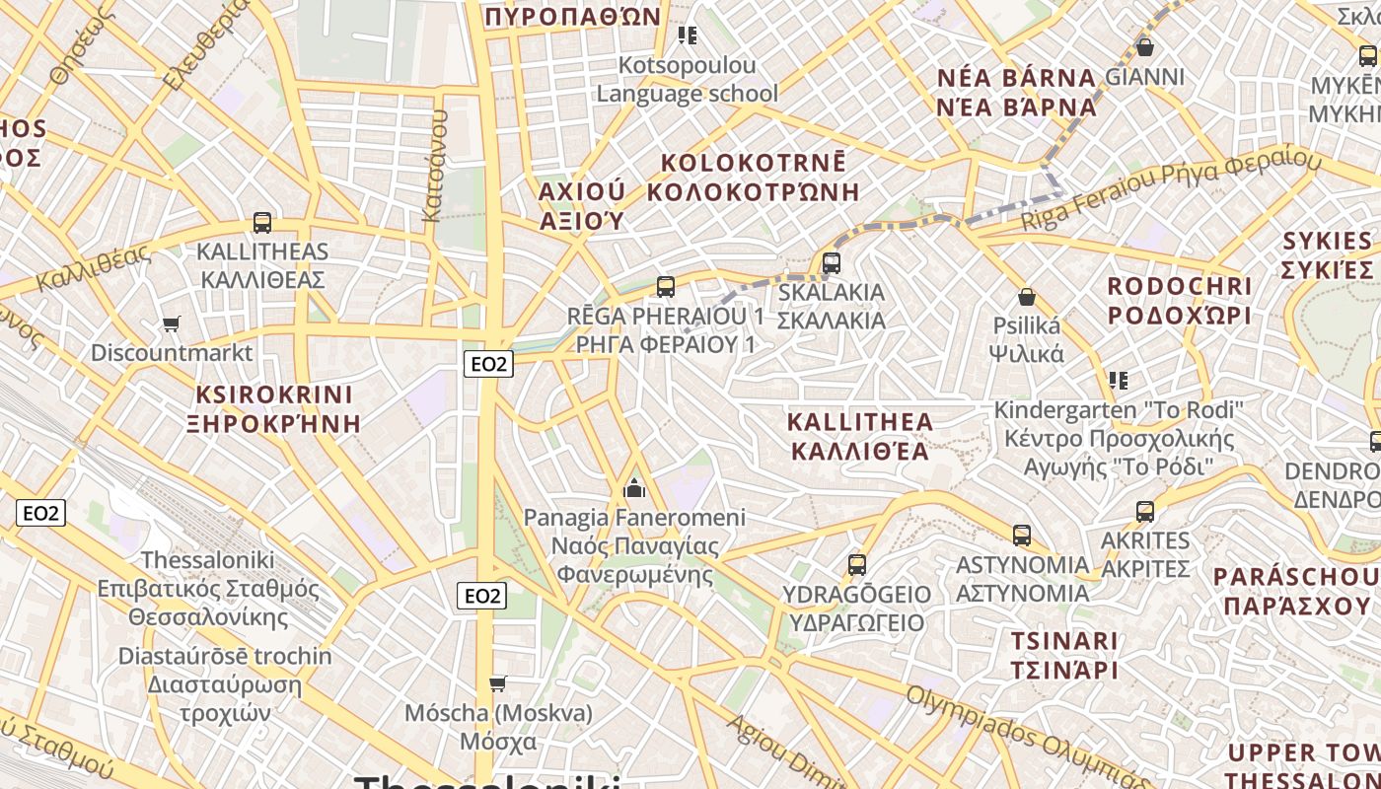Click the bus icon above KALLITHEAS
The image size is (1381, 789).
point(262,223)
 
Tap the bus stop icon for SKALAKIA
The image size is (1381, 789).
point(832,263)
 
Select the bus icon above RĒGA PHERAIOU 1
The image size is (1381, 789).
point(666,287)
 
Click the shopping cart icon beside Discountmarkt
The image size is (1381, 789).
point(172,323)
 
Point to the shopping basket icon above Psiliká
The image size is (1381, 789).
point(1027,297)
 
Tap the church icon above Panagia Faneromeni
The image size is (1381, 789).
point(634,488)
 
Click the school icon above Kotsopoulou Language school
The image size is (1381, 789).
point(688,36)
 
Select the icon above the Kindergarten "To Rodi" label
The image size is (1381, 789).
point(1118,380)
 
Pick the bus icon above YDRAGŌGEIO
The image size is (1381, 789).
point(857,565)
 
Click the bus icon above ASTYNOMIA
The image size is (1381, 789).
point(1022,536)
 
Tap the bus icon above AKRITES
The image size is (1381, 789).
point(1145,512)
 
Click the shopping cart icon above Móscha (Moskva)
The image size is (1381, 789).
point(498,683)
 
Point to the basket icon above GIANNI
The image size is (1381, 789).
point(1145,46)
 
